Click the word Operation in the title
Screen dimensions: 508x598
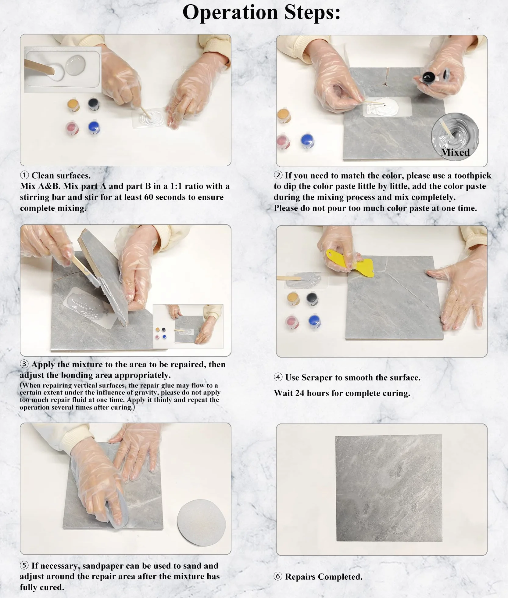[x=230, y=13]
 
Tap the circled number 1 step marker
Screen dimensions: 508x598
[x=24, y=175]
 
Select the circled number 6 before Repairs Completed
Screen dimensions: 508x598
[x=278, y=576]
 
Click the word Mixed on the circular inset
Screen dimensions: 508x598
[x=455, y=152]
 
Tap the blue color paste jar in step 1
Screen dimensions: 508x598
[x=94, y=128]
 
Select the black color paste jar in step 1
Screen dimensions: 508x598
[x=94, y=104]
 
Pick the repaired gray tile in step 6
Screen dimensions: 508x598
[x=389, y=488]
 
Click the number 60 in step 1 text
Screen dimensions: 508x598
[x=148, y=197]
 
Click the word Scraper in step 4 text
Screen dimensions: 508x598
[x=317, y=378]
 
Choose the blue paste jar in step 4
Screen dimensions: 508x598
[x=314, y=322]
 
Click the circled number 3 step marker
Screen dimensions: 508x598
[x=24, y=364]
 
